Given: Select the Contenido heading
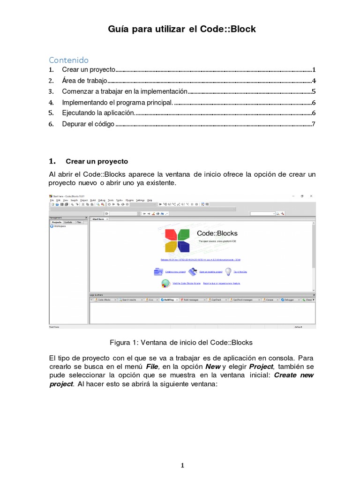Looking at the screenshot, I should pyautogui.click(x=69, y=60).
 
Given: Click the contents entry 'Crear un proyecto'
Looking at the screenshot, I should pyautogui.click(x=88, y=69).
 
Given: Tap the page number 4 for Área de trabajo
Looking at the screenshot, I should pyautogui.click(x=314, y=81).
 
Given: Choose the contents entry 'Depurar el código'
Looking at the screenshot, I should pyautogui.click(x=88, y=124).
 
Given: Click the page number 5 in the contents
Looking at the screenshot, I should pyautogui.click(x=314, y=91).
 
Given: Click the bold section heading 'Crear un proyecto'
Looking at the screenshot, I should pyautogui.click(x=97, y=161).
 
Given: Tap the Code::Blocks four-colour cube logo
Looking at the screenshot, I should pyautogui.click(x=177, y=240).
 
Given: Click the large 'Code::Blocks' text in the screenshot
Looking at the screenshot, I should pyautogui.click(x=217, y=233).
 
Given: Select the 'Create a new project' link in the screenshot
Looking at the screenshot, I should pyautogui.click(x=176, y=271).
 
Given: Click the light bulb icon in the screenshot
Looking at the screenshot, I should pyautogui.click(x=228, y=271).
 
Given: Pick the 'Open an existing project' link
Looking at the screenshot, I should pyautogui.click(x=210, y=271).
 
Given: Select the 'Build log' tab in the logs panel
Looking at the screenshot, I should pyautogui.click(x=168, y=299).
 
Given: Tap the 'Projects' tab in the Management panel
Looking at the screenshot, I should pyautogui.click(x=56, y=222).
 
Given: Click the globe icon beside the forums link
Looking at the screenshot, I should pyautogui.click(x=165, y=283).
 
